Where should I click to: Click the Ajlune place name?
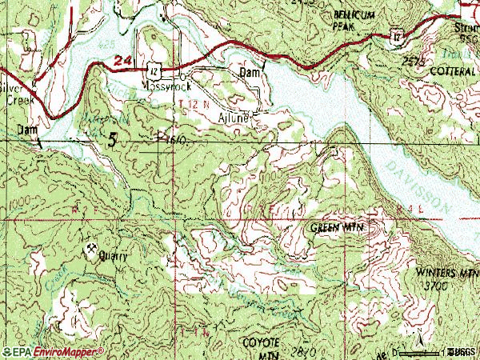pyautogui.click(x=234, y=116)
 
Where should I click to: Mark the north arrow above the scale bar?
pyautogui.click(x=416, y=342)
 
